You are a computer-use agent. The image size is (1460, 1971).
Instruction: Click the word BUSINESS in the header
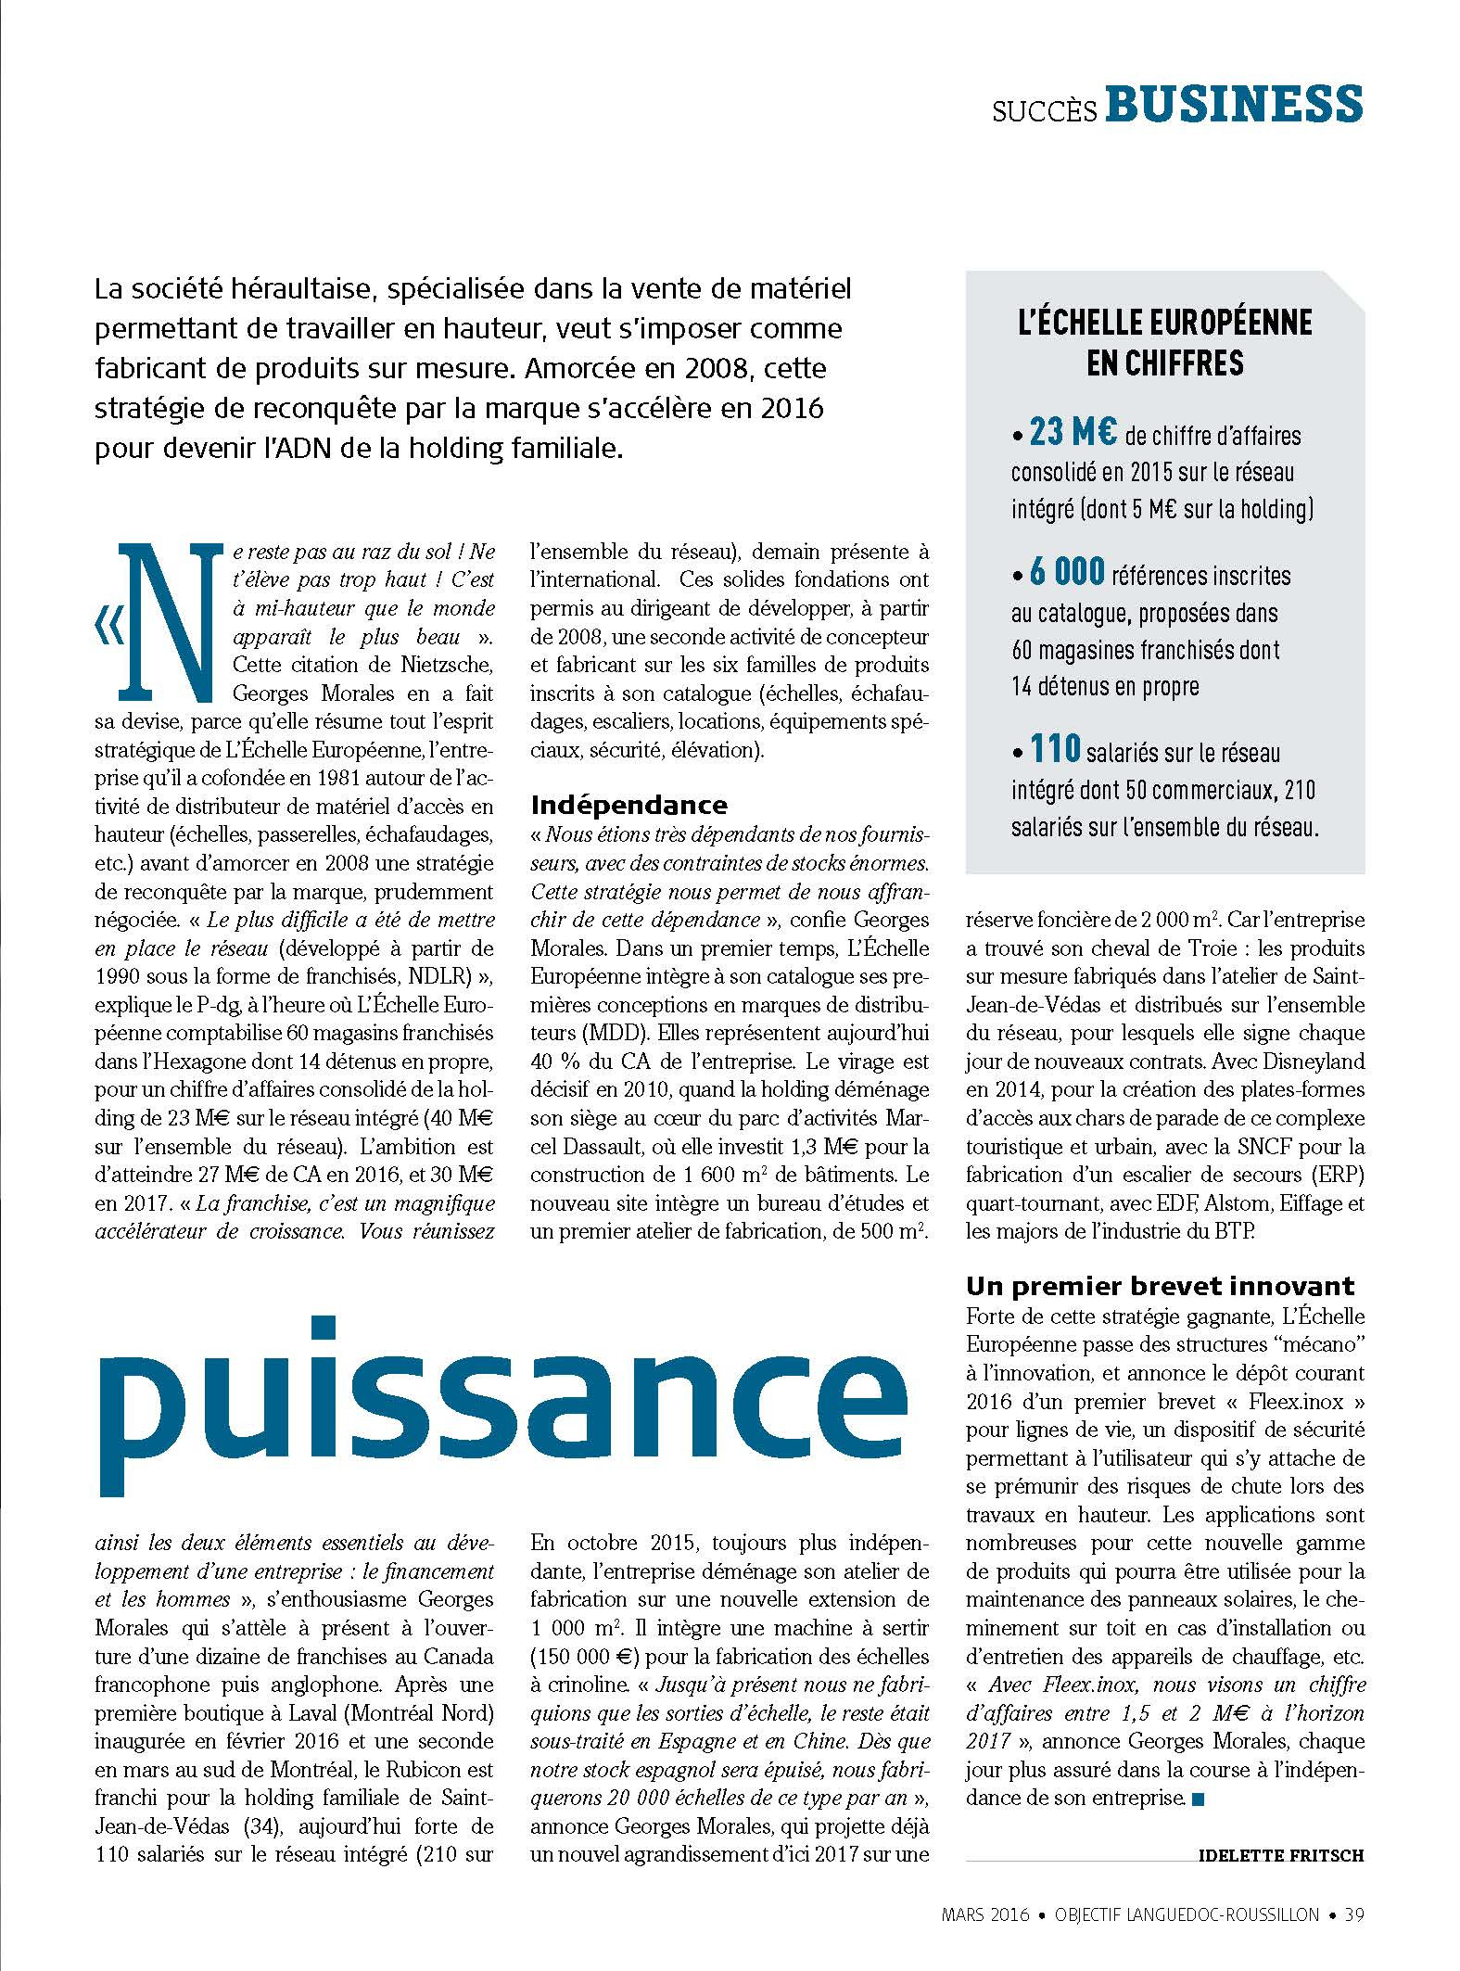pyautogui.click(x=1235, y=105)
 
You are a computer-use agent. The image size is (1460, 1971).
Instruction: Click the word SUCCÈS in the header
pyautogui.click(x=1045, y=112)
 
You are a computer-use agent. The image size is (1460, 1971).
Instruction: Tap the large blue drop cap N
pyautogui.click(x=172, y=622)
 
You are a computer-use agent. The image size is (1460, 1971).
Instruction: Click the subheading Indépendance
pyautogui.click(x=628, y=805)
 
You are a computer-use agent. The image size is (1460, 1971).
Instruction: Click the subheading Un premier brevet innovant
pyautogui.click(x=1160, y=1286)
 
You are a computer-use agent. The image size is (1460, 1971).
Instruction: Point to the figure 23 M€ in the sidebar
pyautogui.click(x=1073, y=433)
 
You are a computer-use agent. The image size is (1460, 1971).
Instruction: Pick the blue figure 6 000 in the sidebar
pyautogui.click(x=1067, y=573)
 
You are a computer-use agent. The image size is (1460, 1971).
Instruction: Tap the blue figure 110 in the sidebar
pyautogui.click(x=1055, y=749)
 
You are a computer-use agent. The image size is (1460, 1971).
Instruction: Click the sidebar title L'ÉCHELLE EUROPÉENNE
pyautogui.click(x=1165, y=322)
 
